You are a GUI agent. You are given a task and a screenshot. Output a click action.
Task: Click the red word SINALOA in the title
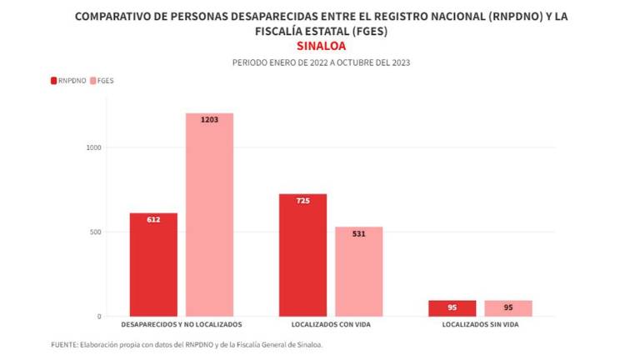[x=320, y=46]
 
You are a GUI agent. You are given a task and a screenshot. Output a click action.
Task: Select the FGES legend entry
[x=104, y=81]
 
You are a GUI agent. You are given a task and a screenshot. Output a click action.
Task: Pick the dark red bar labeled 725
[x=302, y=255]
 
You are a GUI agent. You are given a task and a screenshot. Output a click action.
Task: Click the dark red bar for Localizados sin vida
[x=452, y=307]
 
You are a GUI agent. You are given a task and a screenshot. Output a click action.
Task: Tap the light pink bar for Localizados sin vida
[x=507, y=307]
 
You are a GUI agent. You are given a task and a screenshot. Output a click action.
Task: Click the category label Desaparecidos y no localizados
[x=182, y=324]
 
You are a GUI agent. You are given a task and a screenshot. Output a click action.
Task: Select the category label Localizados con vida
[x=331, y=324]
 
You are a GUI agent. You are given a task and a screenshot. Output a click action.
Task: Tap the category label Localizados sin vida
[x=480, y=324]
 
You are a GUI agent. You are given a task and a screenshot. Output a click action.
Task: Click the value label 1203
[x=209, y=120]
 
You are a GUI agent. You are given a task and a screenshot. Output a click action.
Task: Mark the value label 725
[x=302, y=201]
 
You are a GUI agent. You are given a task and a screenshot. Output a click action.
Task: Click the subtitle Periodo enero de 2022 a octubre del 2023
[x=320, y=62]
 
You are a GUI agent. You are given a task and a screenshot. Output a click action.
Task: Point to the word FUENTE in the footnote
[x=66, y=344]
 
